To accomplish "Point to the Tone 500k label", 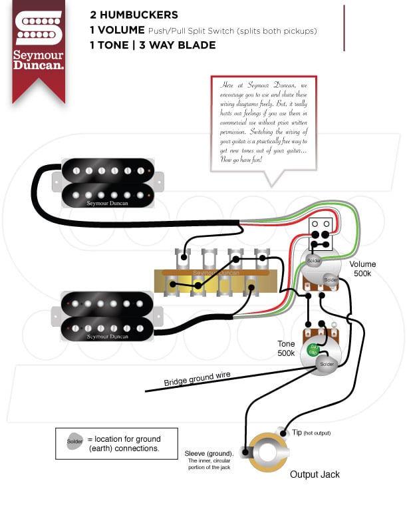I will pyautogui.click(x=287, y=348).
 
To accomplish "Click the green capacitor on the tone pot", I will pyautogui.click(x=314, y=350).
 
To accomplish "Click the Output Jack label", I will pyautogui.click(x=315, y=474).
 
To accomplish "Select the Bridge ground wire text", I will pyautogui.click(x=198, y=379).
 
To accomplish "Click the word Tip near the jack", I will pyautogui.click(x=297, y=433).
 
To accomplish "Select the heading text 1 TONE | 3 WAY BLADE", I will pyautogui.click(x=153, y=45).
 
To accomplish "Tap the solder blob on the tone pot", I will pyautogui.click(x=326, y=365).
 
